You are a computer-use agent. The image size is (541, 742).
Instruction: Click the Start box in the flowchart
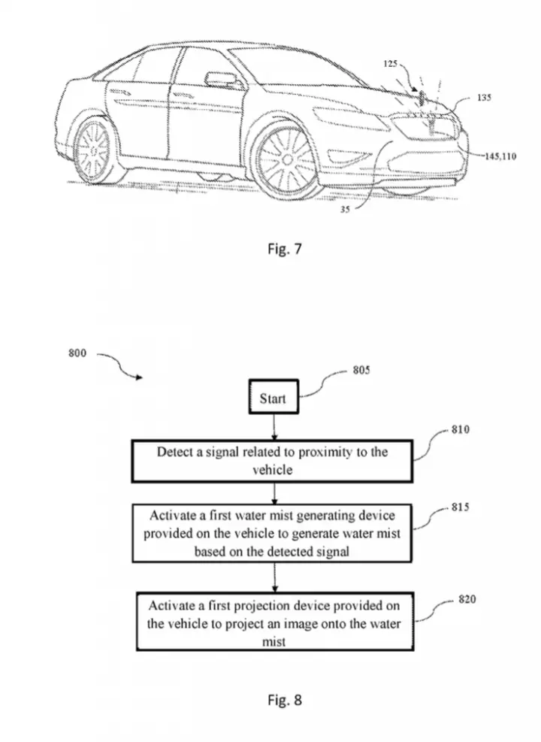274,396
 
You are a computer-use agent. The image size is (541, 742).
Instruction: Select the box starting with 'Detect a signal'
272,461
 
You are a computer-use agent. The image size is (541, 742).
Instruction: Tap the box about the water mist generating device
272,533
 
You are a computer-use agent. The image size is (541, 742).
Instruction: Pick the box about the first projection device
275,621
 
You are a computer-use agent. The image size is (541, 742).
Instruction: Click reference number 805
361,370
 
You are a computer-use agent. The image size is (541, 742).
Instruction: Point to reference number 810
460,430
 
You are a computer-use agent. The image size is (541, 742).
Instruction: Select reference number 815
460,507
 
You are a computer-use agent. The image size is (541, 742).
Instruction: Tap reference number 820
467,600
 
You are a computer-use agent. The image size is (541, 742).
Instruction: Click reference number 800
77,353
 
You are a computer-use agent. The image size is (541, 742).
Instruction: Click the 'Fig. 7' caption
284,248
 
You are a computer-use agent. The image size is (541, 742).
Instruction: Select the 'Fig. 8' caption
284,700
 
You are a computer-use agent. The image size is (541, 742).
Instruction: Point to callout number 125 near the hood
390,63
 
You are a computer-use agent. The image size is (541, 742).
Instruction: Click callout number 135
484,98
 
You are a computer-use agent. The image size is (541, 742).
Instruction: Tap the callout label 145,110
500,156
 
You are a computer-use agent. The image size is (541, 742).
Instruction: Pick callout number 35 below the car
345,209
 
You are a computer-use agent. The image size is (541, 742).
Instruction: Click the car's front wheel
286,160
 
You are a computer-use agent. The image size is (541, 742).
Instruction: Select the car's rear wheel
94,150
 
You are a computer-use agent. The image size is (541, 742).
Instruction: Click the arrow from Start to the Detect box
274,427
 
